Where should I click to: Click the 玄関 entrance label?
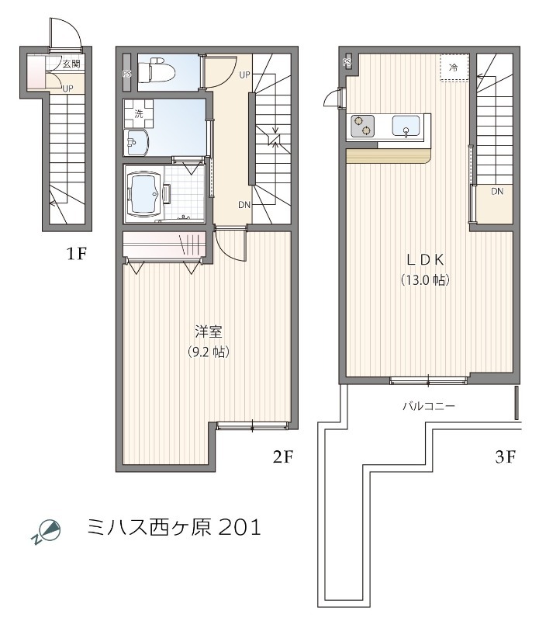click(x=71, y=64)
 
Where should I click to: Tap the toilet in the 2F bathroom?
click(x=161, y=71)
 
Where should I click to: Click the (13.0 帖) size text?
click(x=426, y=279)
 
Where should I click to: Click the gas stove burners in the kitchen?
click(x=362, y=126)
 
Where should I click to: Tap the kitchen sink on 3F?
click(x=406, y=126)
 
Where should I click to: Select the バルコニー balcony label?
click(x=428, y=406)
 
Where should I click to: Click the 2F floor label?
click(x=282, y=457)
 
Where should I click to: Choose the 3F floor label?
click(x=505, y=457)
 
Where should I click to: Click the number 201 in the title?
click(x=240, y=529)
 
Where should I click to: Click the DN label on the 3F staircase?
click(x=496, y=191)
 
